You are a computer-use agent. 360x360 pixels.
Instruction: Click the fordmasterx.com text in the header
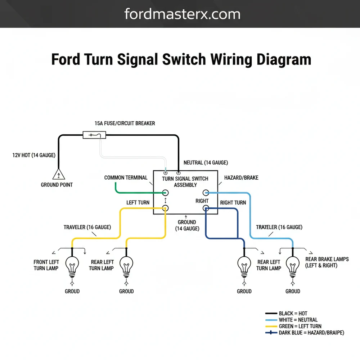tap(182, 14)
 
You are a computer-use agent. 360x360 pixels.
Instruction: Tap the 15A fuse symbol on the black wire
tap(94, 135)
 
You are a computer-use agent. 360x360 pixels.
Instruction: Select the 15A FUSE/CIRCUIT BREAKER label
tap(125, 123)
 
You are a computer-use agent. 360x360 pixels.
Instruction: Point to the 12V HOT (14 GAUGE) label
tap(34, 155)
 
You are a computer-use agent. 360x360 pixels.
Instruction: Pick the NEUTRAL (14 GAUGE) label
tap(206, 163)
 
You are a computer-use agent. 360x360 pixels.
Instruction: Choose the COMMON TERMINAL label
tap(126, 177)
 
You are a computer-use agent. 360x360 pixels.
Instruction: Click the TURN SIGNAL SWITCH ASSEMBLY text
tap(185, 182)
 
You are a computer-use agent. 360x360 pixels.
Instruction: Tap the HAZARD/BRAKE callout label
tap(241, 177)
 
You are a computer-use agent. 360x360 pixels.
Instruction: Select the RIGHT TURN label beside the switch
tap(233, 203)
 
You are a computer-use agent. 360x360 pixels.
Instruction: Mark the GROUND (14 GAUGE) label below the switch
tap(187, 225)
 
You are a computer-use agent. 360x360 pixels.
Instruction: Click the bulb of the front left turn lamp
tap(72, 266)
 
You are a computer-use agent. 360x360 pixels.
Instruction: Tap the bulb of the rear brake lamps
tap(293, 266)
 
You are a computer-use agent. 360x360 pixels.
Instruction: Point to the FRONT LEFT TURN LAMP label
tap(46, 265)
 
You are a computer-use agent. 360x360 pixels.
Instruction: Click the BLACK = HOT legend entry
tap(293, 314)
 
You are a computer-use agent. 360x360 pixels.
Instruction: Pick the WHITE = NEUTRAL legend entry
tap(298, 320)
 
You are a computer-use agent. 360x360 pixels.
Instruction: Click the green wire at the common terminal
tap(133, 193)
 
